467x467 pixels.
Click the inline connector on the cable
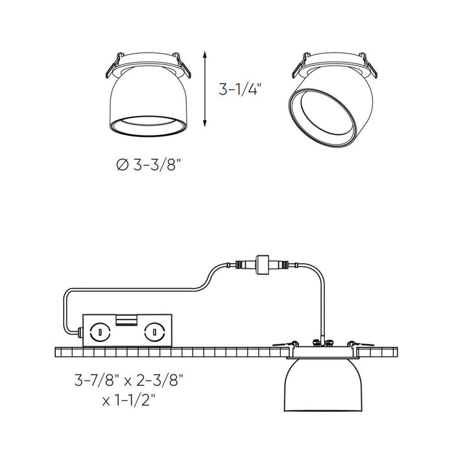click(x=263, y=263)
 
